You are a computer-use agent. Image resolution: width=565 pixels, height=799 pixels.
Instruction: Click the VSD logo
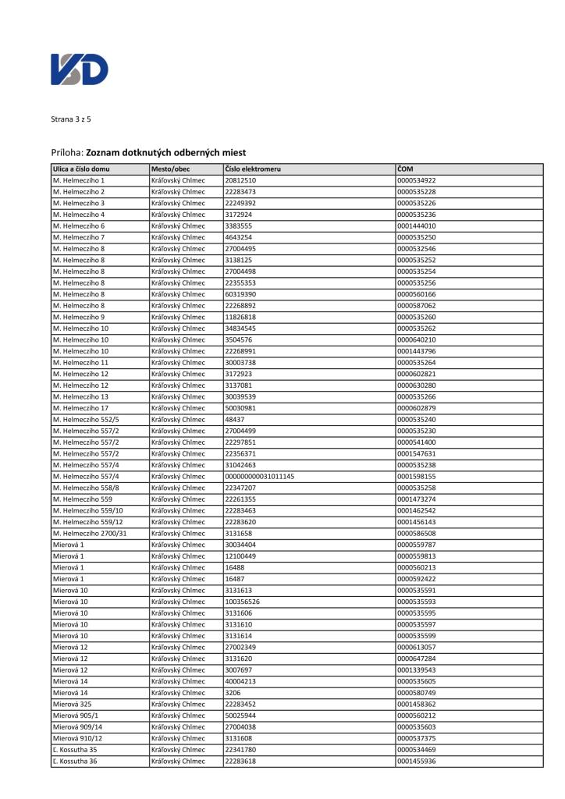point(80,69)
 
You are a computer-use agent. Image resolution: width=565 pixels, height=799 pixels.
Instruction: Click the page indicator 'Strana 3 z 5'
point(71,119)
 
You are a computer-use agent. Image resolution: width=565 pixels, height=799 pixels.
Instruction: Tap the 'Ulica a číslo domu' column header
point(81,169)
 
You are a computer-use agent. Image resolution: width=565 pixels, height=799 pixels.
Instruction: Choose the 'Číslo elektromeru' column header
point(253,169)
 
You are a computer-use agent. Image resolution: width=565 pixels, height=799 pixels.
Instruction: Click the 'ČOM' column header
point(405,169)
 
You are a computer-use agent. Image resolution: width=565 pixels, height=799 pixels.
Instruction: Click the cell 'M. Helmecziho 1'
point(79,180)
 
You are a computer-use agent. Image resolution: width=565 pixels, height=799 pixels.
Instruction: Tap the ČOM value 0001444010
point(416,225)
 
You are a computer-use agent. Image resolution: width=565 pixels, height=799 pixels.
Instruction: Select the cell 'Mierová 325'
point(72,704)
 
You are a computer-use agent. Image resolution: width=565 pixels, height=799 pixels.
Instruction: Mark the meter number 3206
point(233,693)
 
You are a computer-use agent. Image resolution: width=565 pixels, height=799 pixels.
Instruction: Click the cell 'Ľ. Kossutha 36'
point(76,761)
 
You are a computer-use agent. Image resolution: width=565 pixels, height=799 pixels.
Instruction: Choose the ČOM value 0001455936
point(416,761)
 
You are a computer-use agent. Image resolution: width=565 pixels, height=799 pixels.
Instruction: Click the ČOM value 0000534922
point(416,180)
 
